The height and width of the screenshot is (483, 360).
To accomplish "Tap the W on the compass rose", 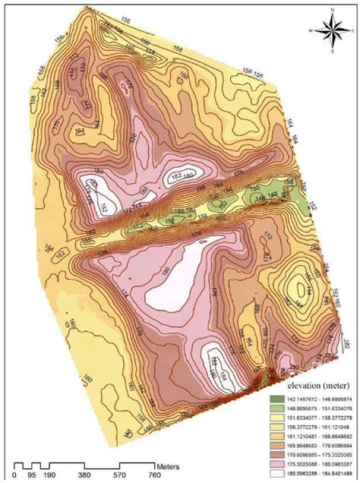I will pyautogui.click(x=311, y=30).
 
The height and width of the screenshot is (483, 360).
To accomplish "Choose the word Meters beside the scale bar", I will pyautogui.click(x=167, y=461).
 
